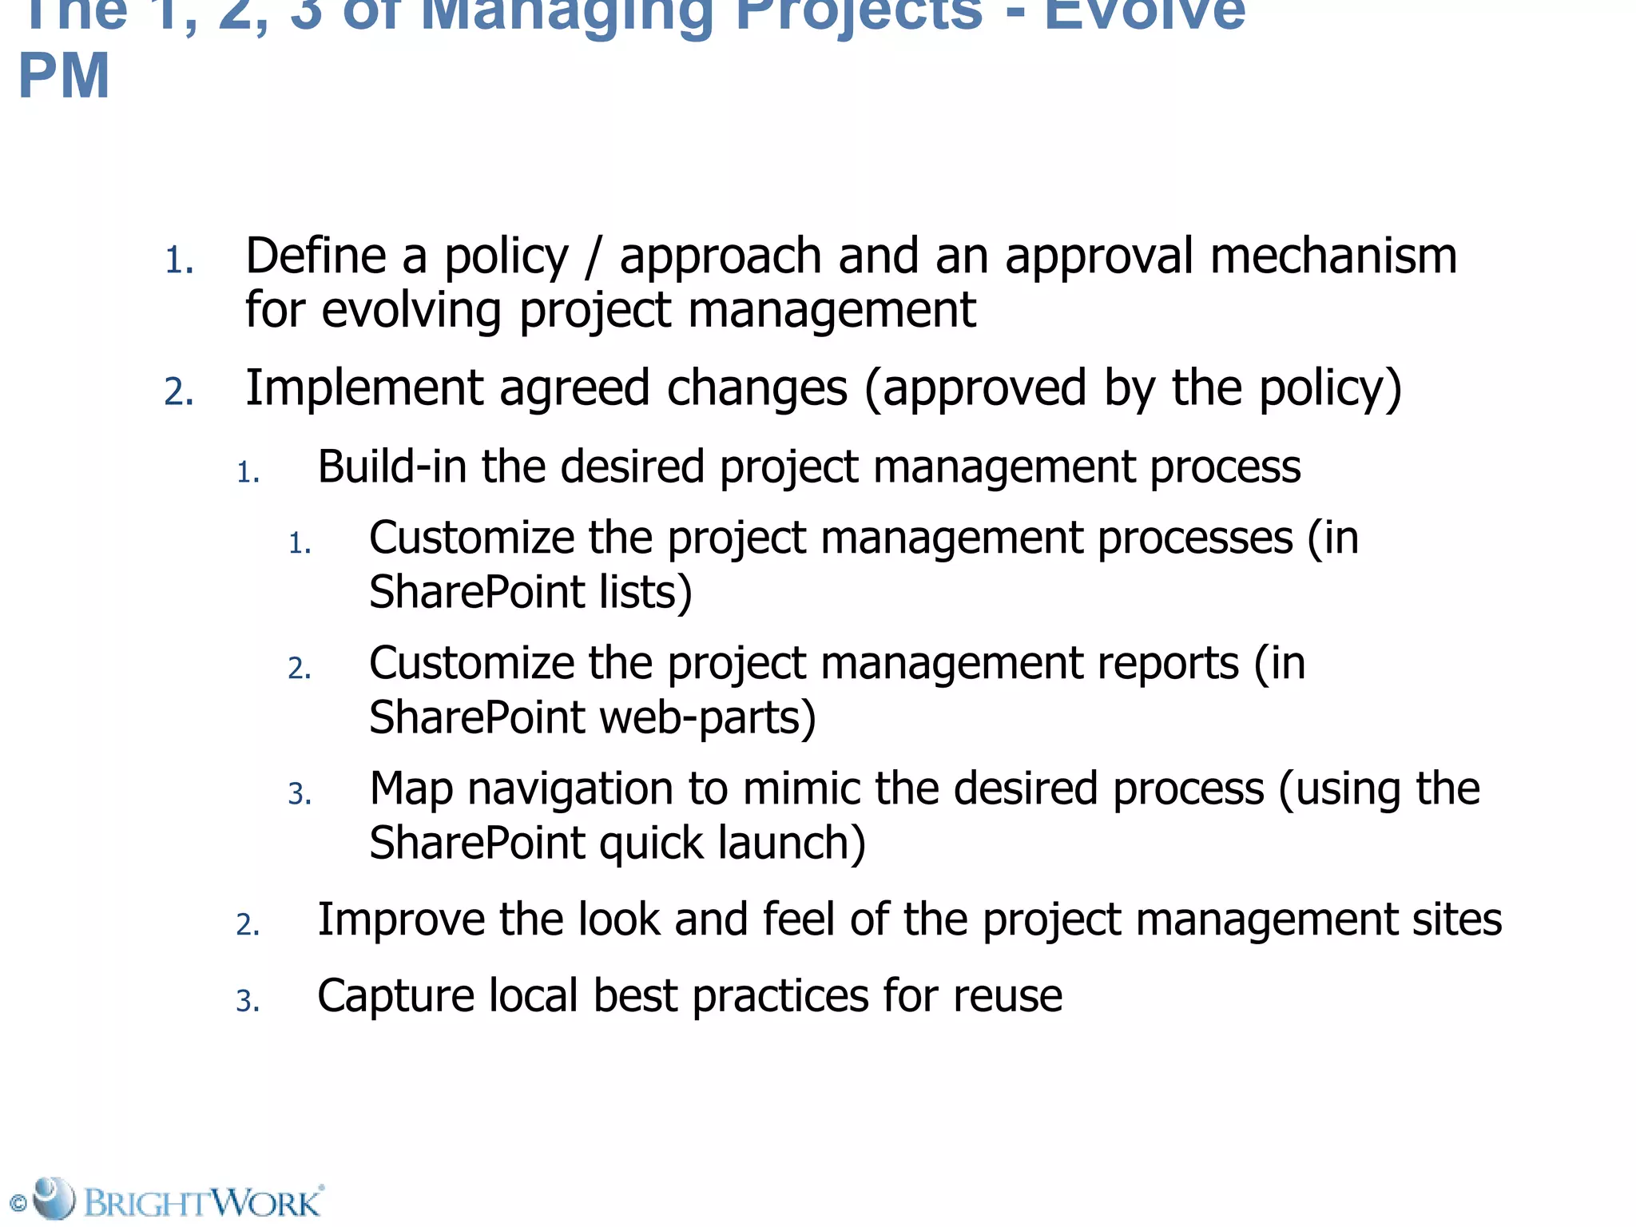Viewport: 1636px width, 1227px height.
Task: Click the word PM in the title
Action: pyautogui.click(x=64, y=77)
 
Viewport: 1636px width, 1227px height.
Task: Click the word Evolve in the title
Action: pyautogui.click(x=1144, y=13)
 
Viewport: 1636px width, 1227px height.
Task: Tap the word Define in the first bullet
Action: pyautogui.click(x=316, y=256)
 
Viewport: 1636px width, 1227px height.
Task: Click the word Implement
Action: pyautogui.click(x=363, y=389)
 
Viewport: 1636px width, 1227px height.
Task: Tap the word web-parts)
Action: pyautogui.click(x=708, y=718)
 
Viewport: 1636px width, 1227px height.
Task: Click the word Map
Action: pyautogui.click(x=411, y=789)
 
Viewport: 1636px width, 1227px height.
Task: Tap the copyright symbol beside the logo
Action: pyautogui.click(x=18, y=1203)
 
